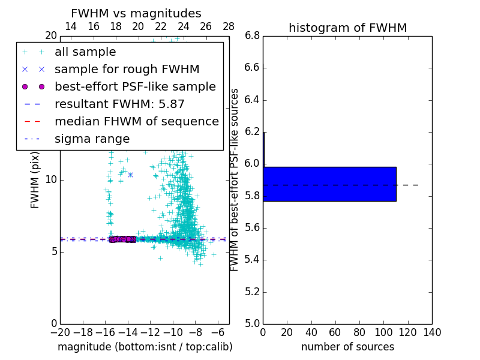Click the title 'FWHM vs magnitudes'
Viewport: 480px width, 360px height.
click(136, 14)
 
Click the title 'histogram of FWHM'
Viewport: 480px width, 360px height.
click(347, 28)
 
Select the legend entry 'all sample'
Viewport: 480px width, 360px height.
click(85, 52)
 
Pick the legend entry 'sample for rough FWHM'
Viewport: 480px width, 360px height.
click(127, 70)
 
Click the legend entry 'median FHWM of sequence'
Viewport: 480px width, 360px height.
click(136, 122)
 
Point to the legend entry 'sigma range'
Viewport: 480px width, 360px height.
click(92, 139)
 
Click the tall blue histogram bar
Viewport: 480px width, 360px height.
click(329, 184)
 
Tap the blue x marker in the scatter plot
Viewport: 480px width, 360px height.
click(130, 175)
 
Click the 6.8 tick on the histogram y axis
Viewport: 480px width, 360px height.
click(251, 36)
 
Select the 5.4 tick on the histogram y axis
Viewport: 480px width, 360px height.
click(251, 260)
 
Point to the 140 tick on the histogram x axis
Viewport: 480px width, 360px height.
click(432, 332)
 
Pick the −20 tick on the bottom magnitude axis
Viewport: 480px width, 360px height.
click(60, 332)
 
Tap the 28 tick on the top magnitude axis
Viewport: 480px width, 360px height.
click(229, 26)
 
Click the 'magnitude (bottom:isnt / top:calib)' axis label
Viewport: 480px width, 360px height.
click(145, 347)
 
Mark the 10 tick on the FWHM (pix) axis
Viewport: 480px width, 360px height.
click(50, 180)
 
